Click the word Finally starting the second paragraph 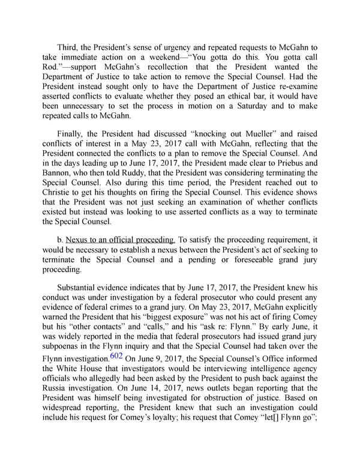(x=70, y=136)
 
